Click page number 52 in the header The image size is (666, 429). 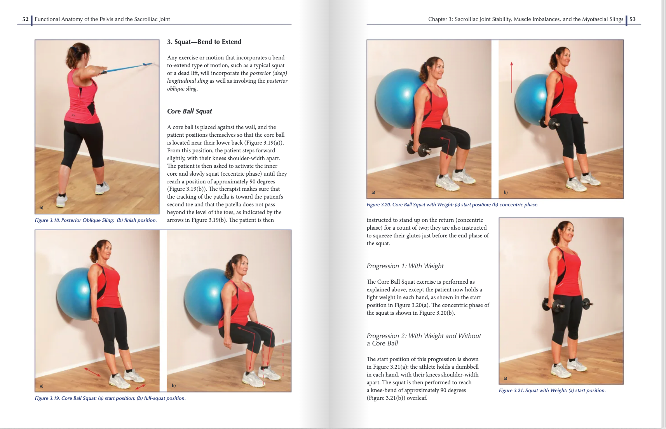pyautogui.click(x=25, y=19)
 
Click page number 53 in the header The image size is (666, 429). pyautogui.click(x=633, y=19)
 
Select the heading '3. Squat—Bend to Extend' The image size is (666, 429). pyautogui.click(x=204, y=42)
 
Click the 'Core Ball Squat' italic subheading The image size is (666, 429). pyautogui.click(x=190, y=112)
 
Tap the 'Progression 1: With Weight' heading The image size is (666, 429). pyautogui.click(x=405, y=266)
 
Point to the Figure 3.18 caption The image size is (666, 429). pyautogui.click(x=96, y=220)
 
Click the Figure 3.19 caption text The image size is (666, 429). pyautogui.click(x=110, y=398)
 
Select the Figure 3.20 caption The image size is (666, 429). pyautogui.click(x=452, y=205)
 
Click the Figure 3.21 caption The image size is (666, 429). pyautogui.click(x=552, y=391)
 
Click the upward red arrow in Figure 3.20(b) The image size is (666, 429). pyautogui.click(x=511, y=77)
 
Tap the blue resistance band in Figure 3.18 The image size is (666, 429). pyautogui.click(x=124, y=68)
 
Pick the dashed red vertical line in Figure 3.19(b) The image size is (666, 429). pyautogui.click(x=283, y=357)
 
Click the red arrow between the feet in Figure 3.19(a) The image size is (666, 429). pyautogui.click(x=92, y=372)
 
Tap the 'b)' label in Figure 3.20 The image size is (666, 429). pyautogui.click(x=506, y=192)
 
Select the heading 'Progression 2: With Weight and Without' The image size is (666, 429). pyautogui.click(x=424, y=336)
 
